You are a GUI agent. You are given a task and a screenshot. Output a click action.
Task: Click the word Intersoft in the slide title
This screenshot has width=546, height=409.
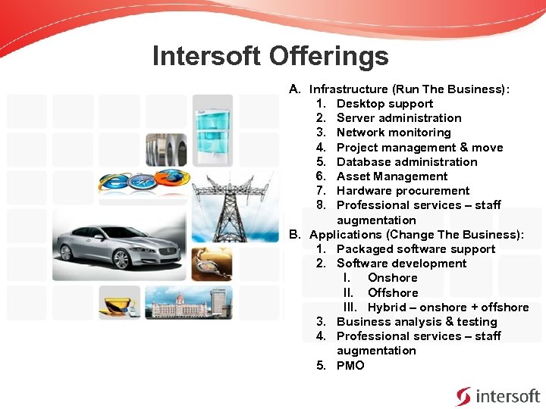(x=208, y=56)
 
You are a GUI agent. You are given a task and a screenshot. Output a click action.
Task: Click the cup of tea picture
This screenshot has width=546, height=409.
(x=119, y=303)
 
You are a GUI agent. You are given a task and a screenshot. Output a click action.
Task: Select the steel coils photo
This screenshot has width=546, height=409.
(x=165, y=150)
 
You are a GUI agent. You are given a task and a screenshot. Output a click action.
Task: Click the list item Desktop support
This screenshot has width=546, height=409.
(x=384, y=104)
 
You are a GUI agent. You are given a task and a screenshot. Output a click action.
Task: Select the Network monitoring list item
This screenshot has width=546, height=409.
(x=394, y=133)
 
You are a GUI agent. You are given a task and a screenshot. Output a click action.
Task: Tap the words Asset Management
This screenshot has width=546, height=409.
(x=392, y=176)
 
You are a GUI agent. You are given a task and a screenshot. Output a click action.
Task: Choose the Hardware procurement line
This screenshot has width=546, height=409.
(x=403, y=191)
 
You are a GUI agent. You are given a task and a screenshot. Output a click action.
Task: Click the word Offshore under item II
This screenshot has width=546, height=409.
(x=393, y=292)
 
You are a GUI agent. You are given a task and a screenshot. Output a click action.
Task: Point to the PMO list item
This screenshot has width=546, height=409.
(x=350, y=365)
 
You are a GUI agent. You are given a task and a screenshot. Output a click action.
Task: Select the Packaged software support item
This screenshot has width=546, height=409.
(x=416, y=249)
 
